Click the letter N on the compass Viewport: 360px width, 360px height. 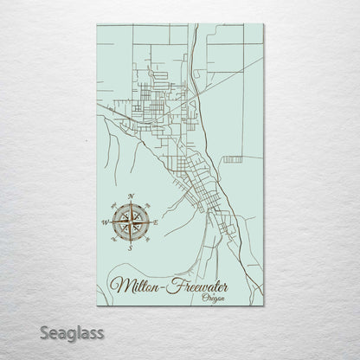click(x=130, y=196)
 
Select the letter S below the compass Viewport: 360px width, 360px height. click(x=130, y=248)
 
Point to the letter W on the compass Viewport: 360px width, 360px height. click(x=106, y=222)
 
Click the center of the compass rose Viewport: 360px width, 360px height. click(x=130, y=222)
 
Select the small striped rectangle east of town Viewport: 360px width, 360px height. click(x=232, y=159)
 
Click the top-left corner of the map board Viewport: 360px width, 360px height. click(x=96, y=24)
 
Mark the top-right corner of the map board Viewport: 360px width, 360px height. click(x=264, y=24)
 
